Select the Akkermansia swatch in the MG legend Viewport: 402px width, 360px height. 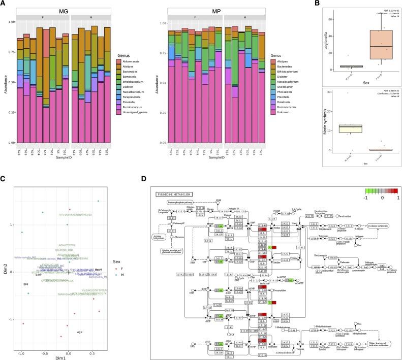pos(119,61)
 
